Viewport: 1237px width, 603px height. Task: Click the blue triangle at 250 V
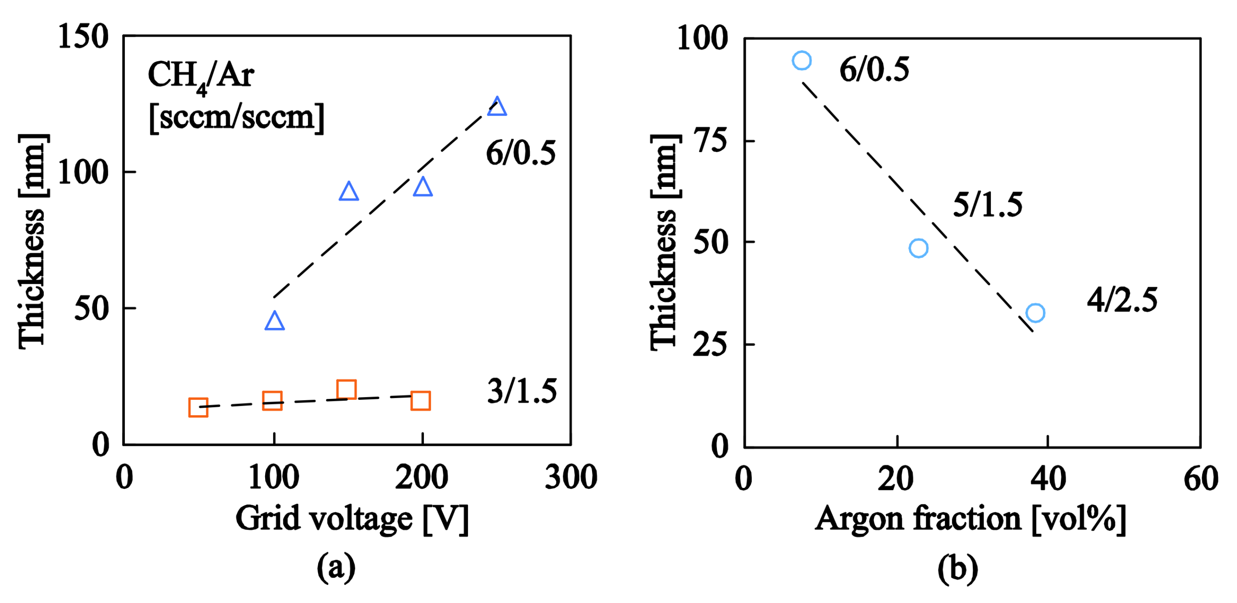click(497, 107)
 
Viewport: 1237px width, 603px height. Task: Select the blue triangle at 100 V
click(274, 321)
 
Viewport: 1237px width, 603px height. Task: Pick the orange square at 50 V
click(198, 407)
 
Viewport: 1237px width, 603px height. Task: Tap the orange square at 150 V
click(346, 389)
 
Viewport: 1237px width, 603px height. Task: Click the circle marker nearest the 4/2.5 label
click(1035, 313)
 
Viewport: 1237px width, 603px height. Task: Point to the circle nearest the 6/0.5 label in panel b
click(802, 60)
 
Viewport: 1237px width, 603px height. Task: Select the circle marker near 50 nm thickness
click(918, 248)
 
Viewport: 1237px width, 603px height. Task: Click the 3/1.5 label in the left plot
click(522, 391)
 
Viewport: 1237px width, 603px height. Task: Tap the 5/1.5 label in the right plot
click(988, 205)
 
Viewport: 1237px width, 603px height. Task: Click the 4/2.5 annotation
click(1122, 300)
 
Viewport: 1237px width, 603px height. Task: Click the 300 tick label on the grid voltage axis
click(571, 477)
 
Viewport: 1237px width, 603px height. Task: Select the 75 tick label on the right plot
click(711, 141)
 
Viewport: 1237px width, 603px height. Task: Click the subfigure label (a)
click(336, 567)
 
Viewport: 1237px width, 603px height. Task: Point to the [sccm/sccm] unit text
click(237, 117)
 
